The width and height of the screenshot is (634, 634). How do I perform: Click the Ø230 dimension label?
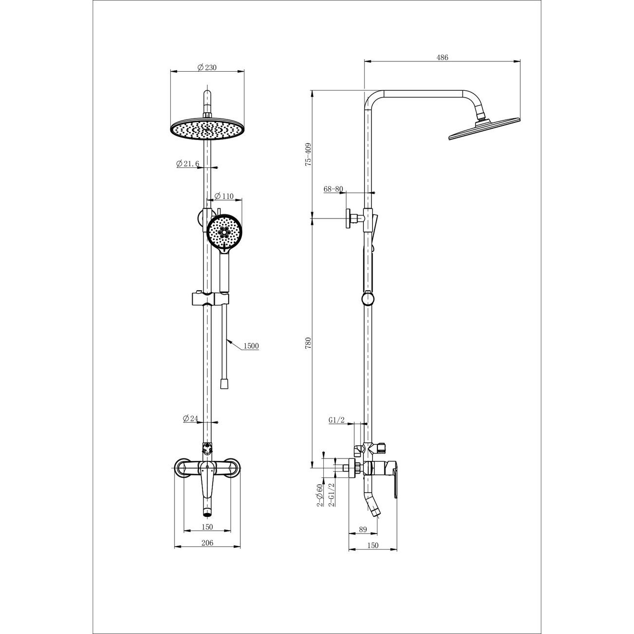click(207, 67)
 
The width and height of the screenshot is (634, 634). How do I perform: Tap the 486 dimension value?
click(442, 57)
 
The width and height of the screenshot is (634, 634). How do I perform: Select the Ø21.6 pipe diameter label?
click(188, 163)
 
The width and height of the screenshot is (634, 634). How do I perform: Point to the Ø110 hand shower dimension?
click(224, 197)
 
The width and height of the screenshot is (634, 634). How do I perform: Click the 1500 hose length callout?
click(251, 346)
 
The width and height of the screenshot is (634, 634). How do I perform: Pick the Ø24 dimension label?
click(191, 418)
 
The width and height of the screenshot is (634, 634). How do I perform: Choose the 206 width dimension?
click(207, 543)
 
